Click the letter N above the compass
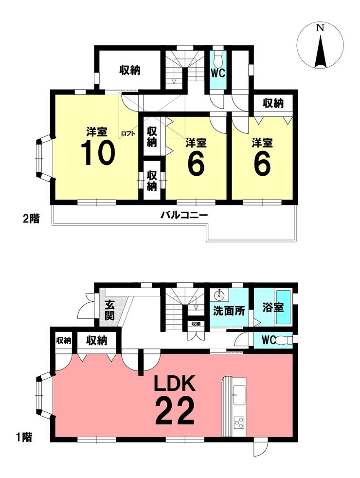pyautogui.click(x=320, y=28)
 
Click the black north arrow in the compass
pyautogui.click(x=320, y=51)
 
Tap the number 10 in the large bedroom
pyautogui.click(x=98, y=154)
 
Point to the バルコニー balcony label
pyautogui.click(x=184, y=216)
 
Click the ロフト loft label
pyautogui.click(x=128, y=133)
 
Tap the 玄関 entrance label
pyautogui.click(x=109, y=311)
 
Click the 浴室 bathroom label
pyautogui.click(x=273, y=308)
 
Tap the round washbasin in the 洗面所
pyautogui.click(x=219, y=295)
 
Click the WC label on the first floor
pyautogui.click(x=269, y=340)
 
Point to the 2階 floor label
pyautogui.click(x=31, y=219)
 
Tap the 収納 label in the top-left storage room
pyautogui.click(x=130, y=71)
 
